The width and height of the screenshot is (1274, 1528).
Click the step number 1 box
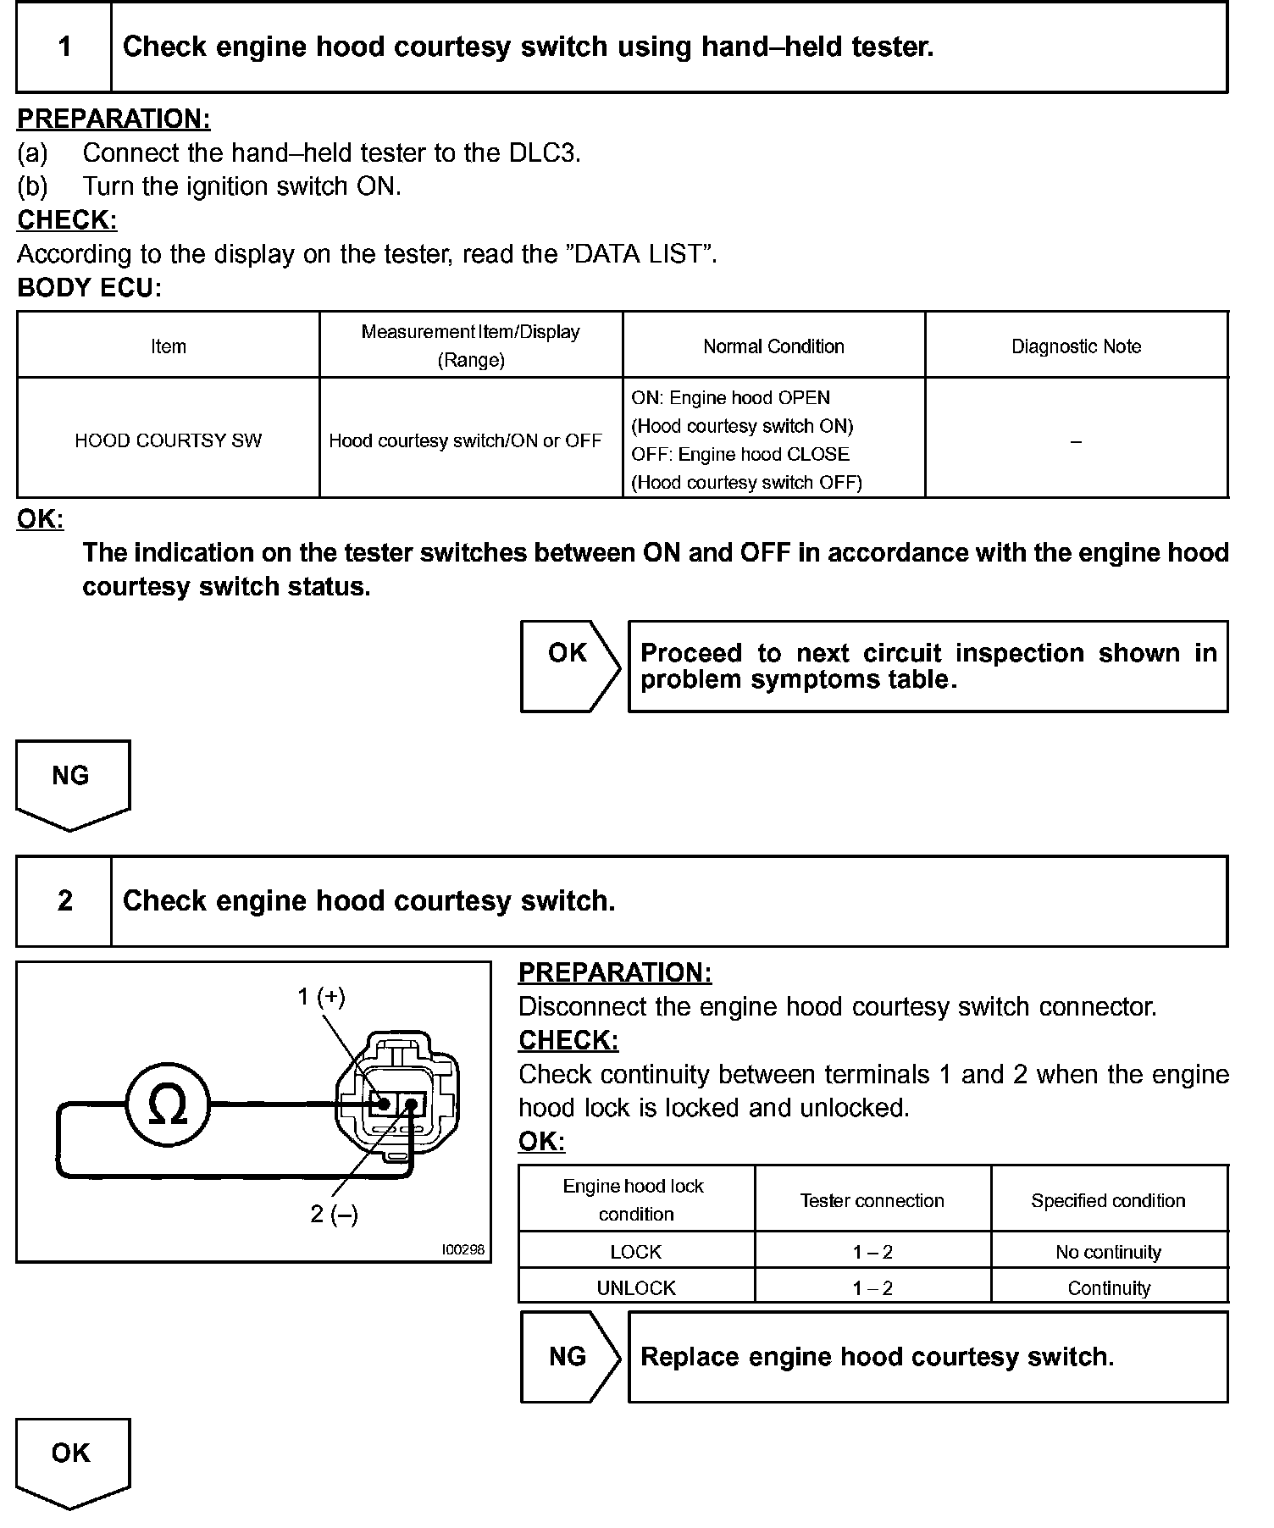(x=64, y=47)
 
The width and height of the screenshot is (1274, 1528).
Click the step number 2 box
(x=64, y=900)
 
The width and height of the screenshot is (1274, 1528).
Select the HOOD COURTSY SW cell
(x=169, y=440)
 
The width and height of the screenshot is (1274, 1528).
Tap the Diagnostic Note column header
(x=1076, y=346)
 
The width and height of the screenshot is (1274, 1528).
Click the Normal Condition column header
(x=773, y=346)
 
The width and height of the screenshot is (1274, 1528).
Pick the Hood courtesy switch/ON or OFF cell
(x=465, y=440)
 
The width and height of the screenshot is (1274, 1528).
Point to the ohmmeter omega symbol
(x=168, y=1104)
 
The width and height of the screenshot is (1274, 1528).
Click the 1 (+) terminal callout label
(x=321, y=997)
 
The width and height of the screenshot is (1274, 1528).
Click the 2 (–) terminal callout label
(x=334, y=1215)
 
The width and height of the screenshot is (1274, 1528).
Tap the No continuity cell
(x=1108, y=1252)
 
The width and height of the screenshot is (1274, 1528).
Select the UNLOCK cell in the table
(x=636, y=1288)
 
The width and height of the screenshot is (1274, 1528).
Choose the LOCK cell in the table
(x=636, y=1252)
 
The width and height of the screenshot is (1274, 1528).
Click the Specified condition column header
(x=1108, y=1200)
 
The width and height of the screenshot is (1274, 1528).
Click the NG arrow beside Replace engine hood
(x=568, y=1357)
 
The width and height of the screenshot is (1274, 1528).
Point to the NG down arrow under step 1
(x=71, y=782)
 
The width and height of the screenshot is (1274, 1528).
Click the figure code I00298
(x=463, y=1249)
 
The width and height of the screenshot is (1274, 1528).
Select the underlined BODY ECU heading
(x=88, y=288)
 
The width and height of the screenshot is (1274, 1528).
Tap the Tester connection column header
(x=872, y=1200)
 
